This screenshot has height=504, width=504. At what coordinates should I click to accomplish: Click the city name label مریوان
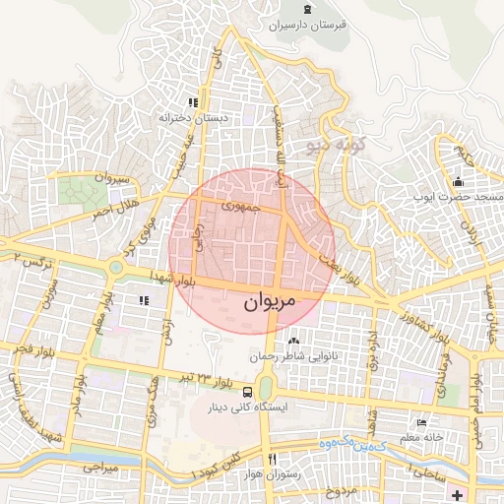pyautogui.click(x=268, y=304)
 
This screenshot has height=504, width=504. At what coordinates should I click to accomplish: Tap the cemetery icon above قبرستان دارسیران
pyautogui.click(x=310, y=10)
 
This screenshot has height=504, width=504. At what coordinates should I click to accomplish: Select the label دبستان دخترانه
pyautogui.click(x=195, y=117)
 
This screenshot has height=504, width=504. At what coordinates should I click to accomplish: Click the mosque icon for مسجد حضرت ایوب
pyautogui.click(x=458, y=182)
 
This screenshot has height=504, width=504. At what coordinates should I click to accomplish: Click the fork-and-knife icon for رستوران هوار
pyautogui.click(x=273, y=459)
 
